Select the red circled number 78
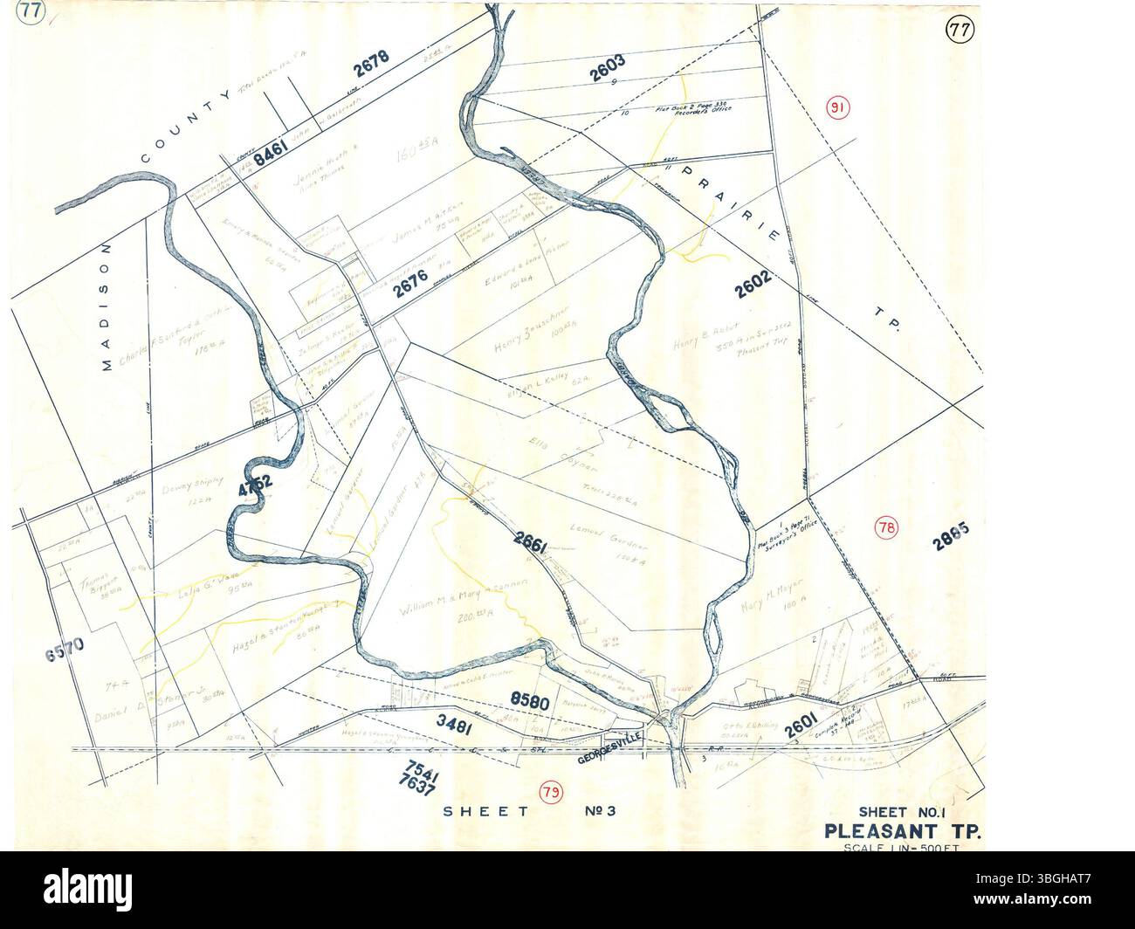click(x=887, y=526)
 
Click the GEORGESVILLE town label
click(x=610, y=760)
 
